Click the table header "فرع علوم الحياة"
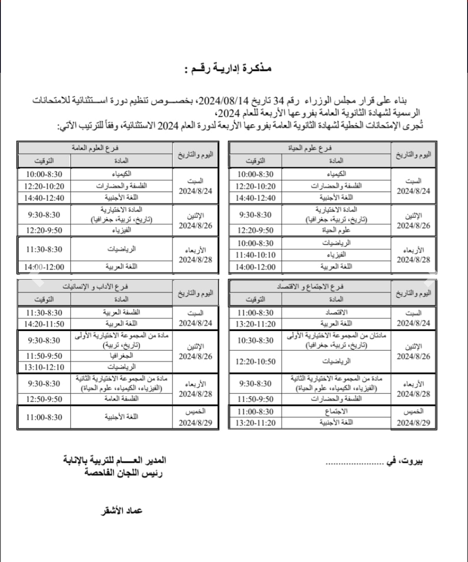coord(310,148)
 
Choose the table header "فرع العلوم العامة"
coord(95,148)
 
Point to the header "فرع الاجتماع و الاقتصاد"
coord(310,287)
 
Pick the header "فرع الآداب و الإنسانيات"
coord(95,287)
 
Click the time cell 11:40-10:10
coord(256,255)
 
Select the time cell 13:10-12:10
coord(44,367)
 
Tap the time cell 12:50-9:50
coord(44,399)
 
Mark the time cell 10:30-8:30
coord(256,341)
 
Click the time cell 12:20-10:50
coord(256,361)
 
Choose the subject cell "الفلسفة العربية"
coord(121,312)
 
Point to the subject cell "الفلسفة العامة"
coord(121,399)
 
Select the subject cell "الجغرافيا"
coord(121,356)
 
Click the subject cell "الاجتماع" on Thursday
coord(336,411)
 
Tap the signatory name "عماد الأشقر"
coord(122,511)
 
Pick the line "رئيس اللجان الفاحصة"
coord(123,473)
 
